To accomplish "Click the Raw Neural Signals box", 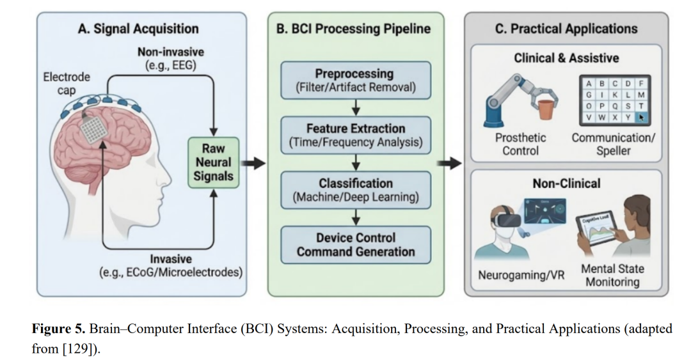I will point(214,163).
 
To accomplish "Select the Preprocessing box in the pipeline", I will point(355,80).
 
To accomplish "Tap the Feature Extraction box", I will point(355,134).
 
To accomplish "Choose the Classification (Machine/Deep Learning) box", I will point(355,190).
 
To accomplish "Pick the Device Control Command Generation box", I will point(355,245).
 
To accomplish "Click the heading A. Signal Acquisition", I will point(138,29).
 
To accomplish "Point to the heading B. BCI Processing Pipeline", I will point(355,29).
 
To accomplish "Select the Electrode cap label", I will point(67,83).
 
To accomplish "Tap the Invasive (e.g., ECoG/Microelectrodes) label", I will point(171,266).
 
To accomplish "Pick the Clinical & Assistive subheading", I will point(566,58).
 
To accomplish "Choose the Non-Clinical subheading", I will point(566,184).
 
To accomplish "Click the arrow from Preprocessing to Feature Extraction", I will point(355,106).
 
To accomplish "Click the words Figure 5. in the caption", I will point(59,329).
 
